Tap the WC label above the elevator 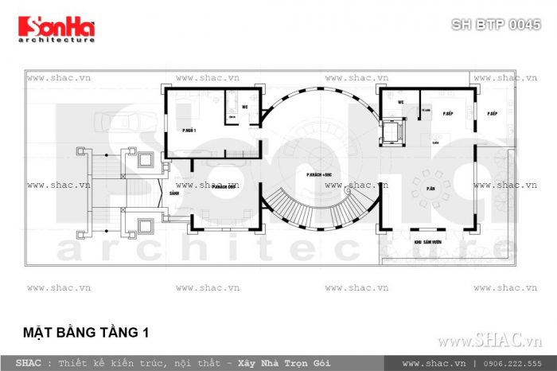click(x=402, y=103)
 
